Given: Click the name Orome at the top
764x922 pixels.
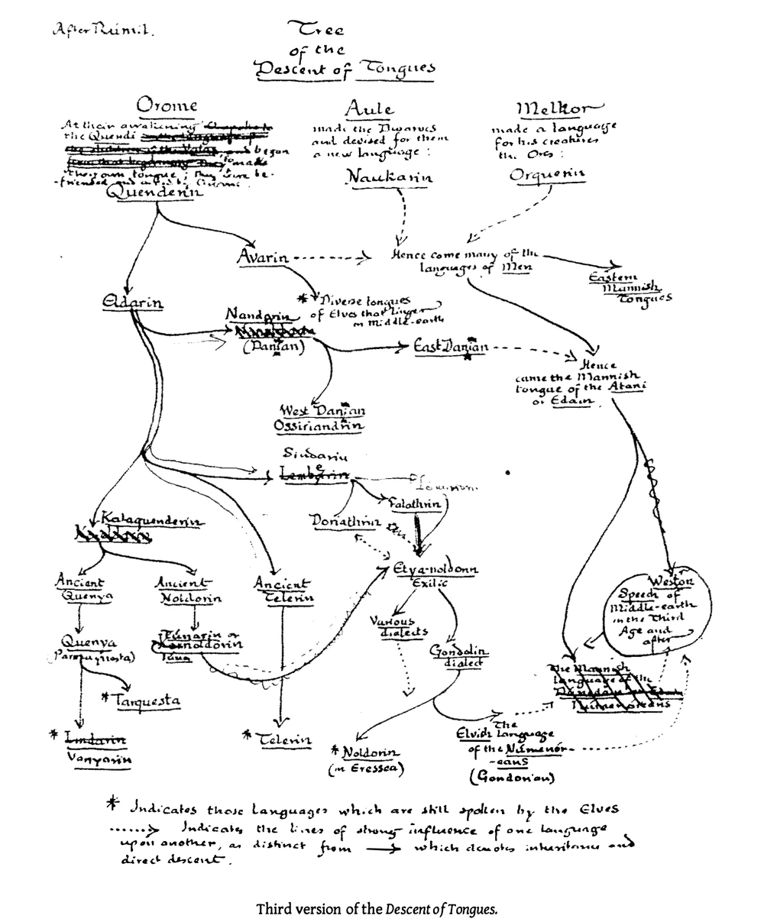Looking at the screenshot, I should [166, 105].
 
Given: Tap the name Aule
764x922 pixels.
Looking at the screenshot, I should [369, 108].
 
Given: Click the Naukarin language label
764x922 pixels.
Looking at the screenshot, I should [390, 177].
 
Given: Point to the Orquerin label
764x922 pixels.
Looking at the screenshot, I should [547, 174].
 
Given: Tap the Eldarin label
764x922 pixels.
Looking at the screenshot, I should [132, 303].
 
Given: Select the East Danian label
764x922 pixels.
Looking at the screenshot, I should [450, 347].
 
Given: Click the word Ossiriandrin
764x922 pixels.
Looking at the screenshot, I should [319, 425].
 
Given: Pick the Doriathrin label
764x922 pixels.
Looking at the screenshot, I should [345, 522].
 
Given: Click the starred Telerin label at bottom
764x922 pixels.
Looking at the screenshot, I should [283, 739].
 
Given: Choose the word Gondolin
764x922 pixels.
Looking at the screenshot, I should [458, 652].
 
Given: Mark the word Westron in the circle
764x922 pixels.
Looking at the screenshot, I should [672, 581].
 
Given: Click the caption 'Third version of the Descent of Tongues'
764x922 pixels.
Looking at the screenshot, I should [377, 909].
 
